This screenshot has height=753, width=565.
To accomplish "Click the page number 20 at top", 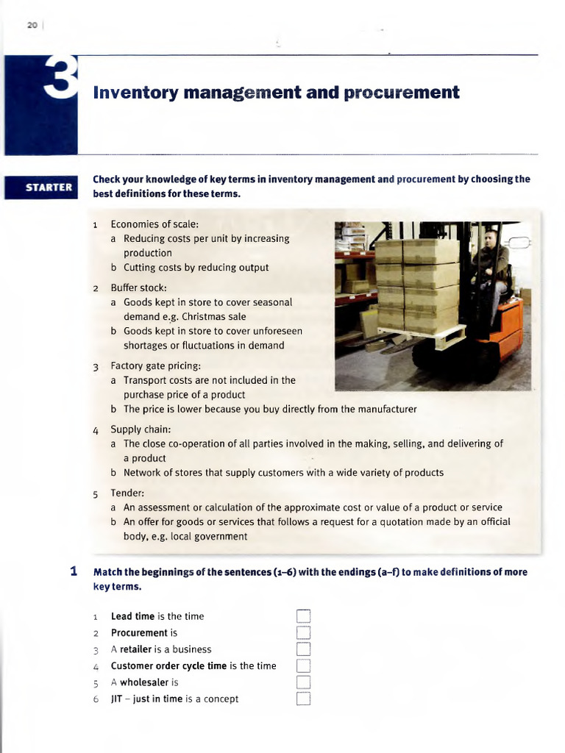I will click(32, 26).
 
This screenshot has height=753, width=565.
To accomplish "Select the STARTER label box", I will click(49, 187).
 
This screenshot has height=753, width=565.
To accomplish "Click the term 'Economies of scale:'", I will click(154, 224).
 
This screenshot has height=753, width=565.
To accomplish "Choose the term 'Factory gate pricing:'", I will click(155, 365).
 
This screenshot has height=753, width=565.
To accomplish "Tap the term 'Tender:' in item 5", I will click(127, 493).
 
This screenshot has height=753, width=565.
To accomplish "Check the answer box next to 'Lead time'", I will click(305, 616).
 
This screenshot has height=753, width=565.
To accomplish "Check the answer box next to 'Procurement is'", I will click(305, 632).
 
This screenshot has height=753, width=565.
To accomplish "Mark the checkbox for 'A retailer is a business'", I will click(305, 649).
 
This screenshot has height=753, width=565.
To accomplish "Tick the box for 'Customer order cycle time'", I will click(305, 665).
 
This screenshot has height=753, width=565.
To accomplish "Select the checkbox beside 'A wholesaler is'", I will click(305, 682).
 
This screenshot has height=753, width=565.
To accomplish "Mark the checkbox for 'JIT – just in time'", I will click(305, 699).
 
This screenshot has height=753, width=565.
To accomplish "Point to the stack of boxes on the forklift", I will click(417, 283).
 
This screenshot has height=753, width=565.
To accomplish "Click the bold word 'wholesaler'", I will click(144, 682).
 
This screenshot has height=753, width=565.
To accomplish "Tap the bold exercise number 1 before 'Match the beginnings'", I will click(74, 571).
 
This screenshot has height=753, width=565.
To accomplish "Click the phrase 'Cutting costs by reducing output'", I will click(196, 268).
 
